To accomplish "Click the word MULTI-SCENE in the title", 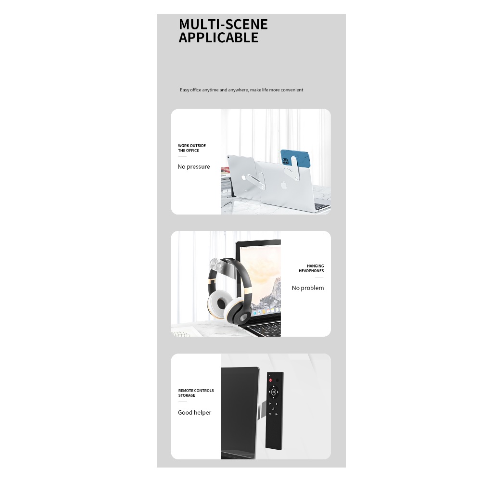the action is [x=223, y=24].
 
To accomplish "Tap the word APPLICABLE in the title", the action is [x=218, y=38].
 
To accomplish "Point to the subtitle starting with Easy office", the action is [x=241, y=90].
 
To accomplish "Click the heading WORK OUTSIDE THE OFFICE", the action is [x=192, y=148].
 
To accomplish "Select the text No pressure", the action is [x=193, y=166].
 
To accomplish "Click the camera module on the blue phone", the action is [x=285, y=161].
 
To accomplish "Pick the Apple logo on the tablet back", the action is [x=244, y=177].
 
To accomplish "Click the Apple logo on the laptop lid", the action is [x=284, y=185].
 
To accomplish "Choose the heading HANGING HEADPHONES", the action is [x=311, y=268].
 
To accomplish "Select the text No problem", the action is [x=308, y=288].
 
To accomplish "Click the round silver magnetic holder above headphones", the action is [x=216, y=265].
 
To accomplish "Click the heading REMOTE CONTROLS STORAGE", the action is [x=196, y=393].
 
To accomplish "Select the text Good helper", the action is [x=194, y=413].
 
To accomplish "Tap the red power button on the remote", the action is [x=270, y=380].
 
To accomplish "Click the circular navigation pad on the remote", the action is [x=273, y=392].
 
